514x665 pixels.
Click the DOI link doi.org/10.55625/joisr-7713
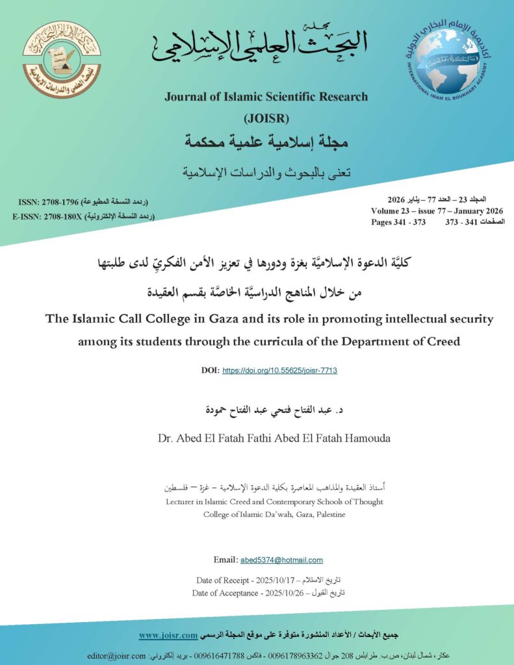[279, 370]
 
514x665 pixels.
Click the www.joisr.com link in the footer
[168, 634]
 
